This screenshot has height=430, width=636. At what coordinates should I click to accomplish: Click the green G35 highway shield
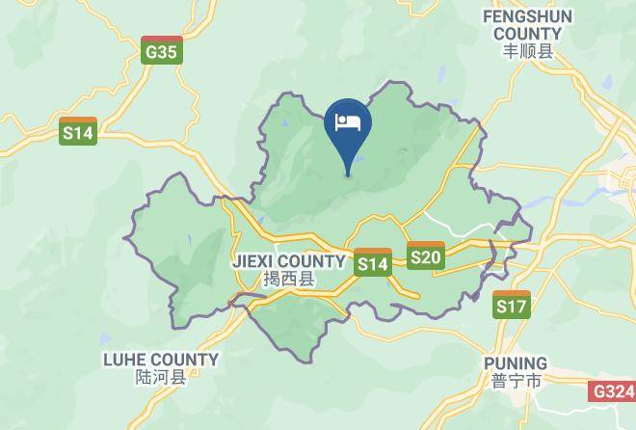(161, 51)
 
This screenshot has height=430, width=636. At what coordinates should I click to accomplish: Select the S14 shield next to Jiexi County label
(373, 262)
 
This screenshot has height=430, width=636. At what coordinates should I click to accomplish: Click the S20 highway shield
(425, 255)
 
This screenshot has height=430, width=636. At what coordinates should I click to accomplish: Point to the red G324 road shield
(613, 391)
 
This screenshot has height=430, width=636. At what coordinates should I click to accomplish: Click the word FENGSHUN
(528, 16)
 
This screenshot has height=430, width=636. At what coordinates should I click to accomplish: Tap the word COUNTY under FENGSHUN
(528, 34)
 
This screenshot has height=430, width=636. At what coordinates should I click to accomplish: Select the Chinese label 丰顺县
(528, 53)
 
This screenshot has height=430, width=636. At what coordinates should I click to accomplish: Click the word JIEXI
(254, 261)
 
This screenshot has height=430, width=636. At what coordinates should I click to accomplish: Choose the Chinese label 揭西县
(288, 280)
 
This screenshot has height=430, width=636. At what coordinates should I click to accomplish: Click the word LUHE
(126, 360)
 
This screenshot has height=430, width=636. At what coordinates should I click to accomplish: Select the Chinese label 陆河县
(160, 379)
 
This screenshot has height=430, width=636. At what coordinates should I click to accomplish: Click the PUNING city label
(516, 363)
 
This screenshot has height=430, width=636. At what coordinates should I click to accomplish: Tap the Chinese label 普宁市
(516, 382)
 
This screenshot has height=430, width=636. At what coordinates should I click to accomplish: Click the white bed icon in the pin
(348, 122)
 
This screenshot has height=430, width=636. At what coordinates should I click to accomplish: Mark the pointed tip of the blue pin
(348, 175)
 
